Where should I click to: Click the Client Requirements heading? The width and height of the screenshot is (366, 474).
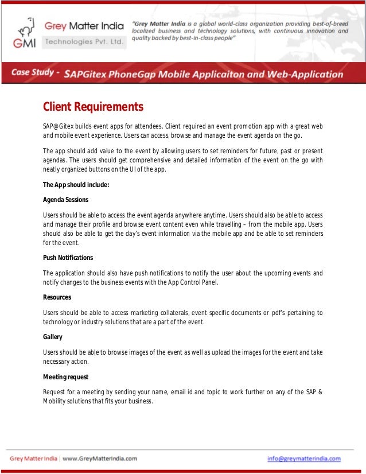tap(93, 107)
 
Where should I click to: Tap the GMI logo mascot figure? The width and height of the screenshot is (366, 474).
tap(25, 29)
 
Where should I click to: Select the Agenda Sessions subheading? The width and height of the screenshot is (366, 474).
tap(65, 200)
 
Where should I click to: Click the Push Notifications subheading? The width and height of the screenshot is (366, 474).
tap(68, 258)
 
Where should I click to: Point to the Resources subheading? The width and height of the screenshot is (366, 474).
tap(57, 297)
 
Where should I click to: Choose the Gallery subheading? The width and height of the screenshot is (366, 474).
tap(53, 337)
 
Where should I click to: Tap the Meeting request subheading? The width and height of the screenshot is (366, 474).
tap(65, 377)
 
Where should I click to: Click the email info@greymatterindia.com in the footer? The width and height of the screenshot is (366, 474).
tap(304, 459)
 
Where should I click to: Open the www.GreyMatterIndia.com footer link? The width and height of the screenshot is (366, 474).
tap(100, 459)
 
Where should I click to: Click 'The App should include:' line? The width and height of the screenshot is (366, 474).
tap(76, 185)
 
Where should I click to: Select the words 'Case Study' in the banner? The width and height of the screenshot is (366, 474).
tap(33, 73)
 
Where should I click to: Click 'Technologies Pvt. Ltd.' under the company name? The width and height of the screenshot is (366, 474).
tap(84, 42)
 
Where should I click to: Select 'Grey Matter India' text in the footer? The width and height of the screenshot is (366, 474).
tap(33, 459)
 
